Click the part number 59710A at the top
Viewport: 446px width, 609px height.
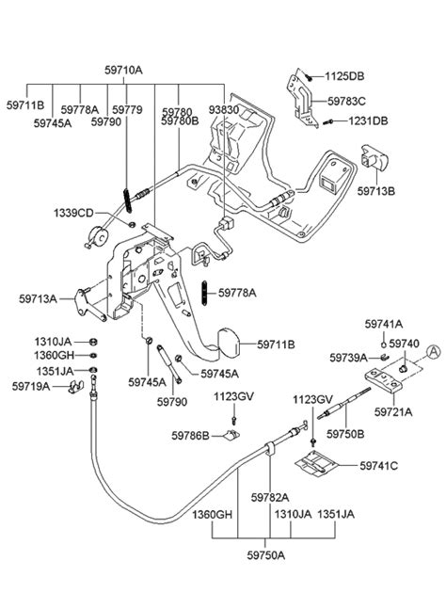[x=122, y=71]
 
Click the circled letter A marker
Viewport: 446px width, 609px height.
[x=432, y=352]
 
